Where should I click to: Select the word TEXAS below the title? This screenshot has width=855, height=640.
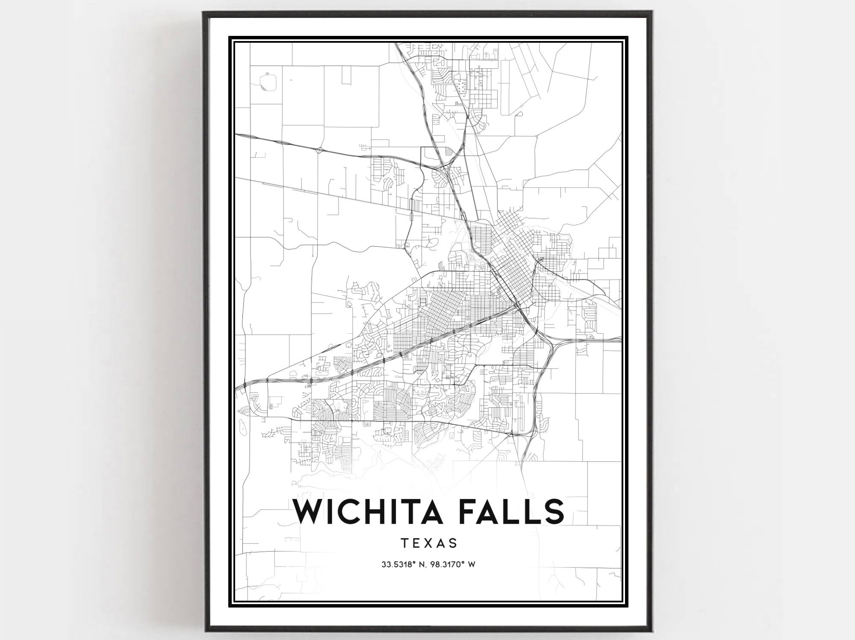pyautogui.click(x=429, y=543)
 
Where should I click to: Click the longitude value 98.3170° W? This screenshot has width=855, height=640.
pyautogui.click(x=454, y=564)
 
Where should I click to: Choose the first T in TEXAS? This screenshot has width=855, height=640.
pyautogui.click(x=404, y=543)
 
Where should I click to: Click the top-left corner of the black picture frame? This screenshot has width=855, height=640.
pyautogui.click(x=204, y=12)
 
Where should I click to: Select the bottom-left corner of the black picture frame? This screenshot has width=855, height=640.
pyautogui.click(x=205, y=630)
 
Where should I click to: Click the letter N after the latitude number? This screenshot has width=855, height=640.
pyautogui.click(x=421, y=564)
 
